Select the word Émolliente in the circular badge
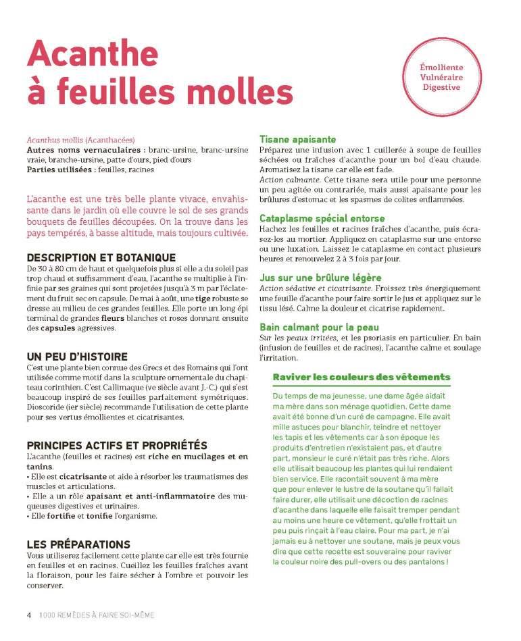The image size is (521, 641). coord(441,68)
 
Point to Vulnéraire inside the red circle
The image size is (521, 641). coord(441,77)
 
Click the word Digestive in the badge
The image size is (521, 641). coord(441,86)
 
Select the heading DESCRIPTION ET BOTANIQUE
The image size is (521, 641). coord(101,257)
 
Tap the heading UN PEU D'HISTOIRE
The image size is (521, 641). coord(77,356)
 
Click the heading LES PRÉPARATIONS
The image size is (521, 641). coord(78,544)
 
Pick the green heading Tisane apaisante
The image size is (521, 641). coord(297,140)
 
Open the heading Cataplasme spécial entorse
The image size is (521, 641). coord(322,218)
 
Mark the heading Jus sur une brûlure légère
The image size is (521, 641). coord(320,277)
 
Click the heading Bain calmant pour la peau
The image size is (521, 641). coord(319,327)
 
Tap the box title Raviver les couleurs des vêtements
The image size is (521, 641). coord(361,377)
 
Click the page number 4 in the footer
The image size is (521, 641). coord(29,615)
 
